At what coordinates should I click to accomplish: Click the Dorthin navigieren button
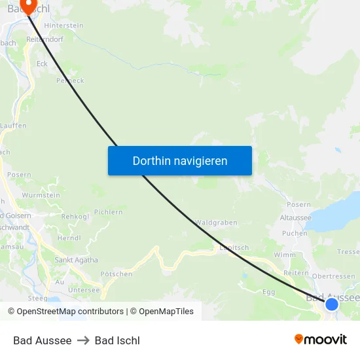(180, 160)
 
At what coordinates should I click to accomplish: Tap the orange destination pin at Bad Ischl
(29, 6)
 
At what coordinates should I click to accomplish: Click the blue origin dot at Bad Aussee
(332, 304)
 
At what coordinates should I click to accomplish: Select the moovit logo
(321, 339)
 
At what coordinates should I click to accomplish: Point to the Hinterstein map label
(63, 25)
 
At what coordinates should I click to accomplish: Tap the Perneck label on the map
(70, 81)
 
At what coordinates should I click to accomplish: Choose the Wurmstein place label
(41, 195)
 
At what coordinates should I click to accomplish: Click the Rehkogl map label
(75, 216)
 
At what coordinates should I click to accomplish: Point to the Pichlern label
(109, 212)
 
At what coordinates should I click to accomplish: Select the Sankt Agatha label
(76, 260)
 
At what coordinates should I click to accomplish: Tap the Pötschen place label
(117, 274)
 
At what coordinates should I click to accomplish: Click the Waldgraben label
(216, 223)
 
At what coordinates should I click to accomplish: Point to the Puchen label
(295, 233)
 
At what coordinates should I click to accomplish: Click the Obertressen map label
(334, 276)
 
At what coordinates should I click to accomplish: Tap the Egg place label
(268, 291)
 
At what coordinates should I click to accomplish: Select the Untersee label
(84, 289)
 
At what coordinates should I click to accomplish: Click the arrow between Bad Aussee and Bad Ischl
(83, 340)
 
